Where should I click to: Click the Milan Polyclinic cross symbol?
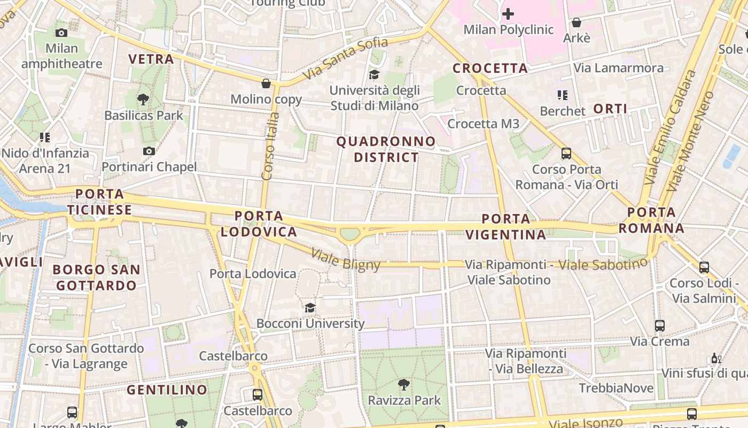pos(508,14)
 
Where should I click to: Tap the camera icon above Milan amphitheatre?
pos(61,33)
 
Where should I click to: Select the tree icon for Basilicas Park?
pos(143,99)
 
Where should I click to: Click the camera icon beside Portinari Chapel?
pos(149,151)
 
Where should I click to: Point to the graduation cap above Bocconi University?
pos(310,308)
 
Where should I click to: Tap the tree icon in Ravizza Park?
pos(404,384)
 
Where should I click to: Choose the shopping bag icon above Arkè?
pos(576,22)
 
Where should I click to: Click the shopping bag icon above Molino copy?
pos(266,83)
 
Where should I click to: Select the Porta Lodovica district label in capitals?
pos(259,224)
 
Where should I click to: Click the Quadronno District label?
pos(386,149)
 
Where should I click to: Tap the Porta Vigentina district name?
pos(505,226)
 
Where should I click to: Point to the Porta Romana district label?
pos(651,220)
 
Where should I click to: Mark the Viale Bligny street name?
pos(346,260)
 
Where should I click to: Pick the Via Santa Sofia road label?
pos(345,59)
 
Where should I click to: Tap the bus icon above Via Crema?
pos(660,325)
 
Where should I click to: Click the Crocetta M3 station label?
pos(483,124)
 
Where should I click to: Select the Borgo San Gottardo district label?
pos(97,277)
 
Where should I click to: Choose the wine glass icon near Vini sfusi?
pos(716,358)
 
